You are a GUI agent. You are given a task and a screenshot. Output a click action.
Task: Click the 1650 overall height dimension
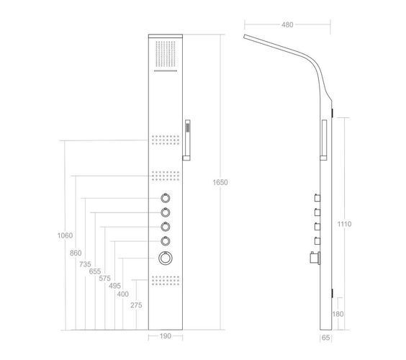pos(220,182)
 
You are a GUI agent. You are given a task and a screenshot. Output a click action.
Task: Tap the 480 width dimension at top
pos(287,24)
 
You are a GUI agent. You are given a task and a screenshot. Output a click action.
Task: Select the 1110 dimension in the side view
pos(344,224)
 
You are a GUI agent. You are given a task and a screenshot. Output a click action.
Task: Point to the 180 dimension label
pos(338,314)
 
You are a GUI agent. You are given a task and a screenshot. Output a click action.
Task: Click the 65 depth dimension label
pos(325,338)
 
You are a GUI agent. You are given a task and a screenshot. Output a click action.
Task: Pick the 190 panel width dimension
pos(166,336)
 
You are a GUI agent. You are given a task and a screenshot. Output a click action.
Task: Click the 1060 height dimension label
pos(65,235)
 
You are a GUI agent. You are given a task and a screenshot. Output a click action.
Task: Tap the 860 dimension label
pos(76,253)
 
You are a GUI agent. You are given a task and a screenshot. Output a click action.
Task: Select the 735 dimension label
pos(85,264)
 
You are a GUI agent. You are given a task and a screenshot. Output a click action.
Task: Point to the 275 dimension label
pos(136,305)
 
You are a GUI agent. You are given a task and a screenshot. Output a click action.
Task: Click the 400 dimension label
pos(122,294)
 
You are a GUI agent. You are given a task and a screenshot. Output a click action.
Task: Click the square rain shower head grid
pos(166,53)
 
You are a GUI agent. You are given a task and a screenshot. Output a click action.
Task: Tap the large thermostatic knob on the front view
pos(166,258)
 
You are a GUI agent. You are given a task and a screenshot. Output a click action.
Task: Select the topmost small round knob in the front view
pos(166,198)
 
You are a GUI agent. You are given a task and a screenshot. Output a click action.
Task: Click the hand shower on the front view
pos(187,140)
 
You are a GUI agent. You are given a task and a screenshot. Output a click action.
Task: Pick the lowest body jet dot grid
pos(166,280)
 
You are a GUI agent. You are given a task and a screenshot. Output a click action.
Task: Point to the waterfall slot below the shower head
pos(166,71)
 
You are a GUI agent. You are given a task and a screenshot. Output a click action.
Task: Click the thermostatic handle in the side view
pos(315,258)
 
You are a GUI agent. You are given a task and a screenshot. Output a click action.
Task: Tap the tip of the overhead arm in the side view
pos(244,37)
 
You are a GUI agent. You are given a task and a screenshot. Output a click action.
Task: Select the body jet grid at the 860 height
pos(166,176)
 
